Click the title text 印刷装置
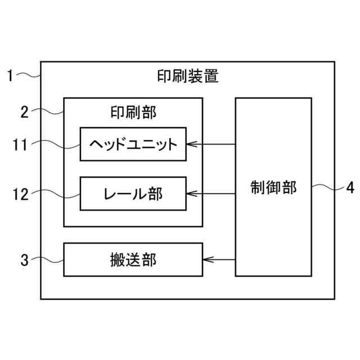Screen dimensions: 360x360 coord(187,76)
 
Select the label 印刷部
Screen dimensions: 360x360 coord(133,112)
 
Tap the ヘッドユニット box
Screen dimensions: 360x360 coord(133,144)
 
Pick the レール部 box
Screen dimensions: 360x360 coord(133,194)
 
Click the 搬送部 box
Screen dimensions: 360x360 coord(133,259)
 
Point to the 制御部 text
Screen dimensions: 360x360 coord(273,187)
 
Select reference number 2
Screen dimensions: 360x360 coord(24,111)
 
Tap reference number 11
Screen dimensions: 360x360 coord(20,145)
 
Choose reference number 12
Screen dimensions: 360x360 coord(20,195)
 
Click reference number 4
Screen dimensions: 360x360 coord(350,188)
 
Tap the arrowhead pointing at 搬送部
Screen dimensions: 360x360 coord(206,259)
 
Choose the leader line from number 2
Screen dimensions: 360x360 coord(47,111)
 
